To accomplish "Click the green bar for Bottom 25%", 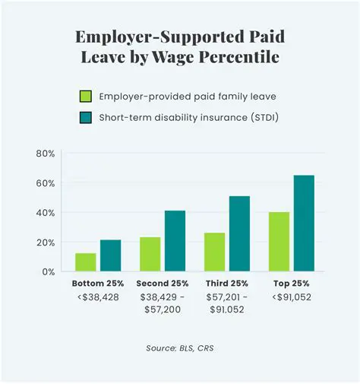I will pyautogui.click(x=85, y=262).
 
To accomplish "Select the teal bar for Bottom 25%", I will pyautogui.click(x=110, y=255).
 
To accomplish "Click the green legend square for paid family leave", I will pyautogui.click(x=86, y=97).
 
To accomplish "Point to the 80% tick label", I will pyautogui.click(x=45, y=154).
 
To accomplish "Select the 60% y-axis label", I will pyautogui.click(x=45, y=183).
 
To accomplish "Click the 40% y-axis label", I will pyautogui.click(x=45, y=213).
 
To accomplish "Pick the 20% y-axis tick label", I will pyautogui.click(x=45, y=243).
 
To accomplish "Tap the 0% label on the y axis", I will pyautogui.click(x=48, y=271).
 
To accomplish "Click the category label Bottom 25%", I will pyautogui.click(x=96, y=284).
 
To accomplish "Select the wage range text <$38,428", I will pyautogui.click(x=96, y=298).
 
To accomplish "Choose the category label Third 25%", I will pyautogui.click(x=227, y=284).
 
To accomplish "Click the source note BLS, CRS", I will pyautogui.click(x=180, y=348).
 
